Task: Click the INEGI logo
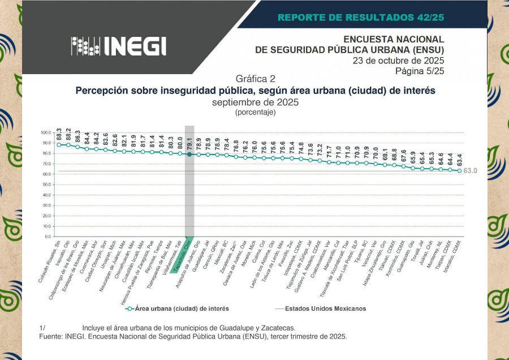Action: (118, 46)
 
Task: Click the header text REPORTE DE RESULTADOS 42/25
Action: (361, 17)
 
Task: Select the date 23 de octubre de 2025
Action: (398, 61)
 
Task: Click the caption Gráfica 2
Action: (255, 78)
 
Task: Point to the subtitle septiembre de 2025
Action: (255, 102)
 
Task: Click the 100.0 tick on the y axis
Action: (45, 133)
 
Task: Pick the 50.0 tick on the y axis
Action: (46, 185)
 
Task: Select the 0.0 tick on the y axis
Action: (48, 236)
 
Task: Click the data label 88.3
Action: (59, 135)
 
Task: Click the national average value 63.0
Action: (471, 170)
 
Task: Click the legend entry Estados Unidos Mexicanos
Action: (325, 308)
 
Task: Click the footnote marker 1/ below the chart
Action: (42, 328)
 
